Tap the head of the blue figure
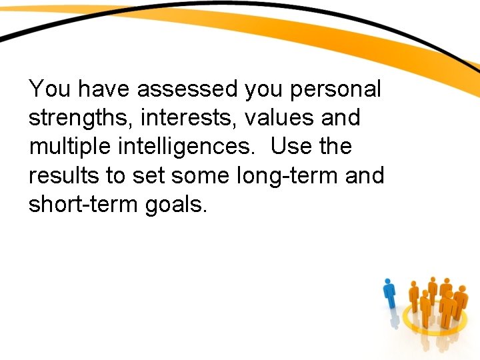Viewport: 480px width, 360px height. click(389, 283)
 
